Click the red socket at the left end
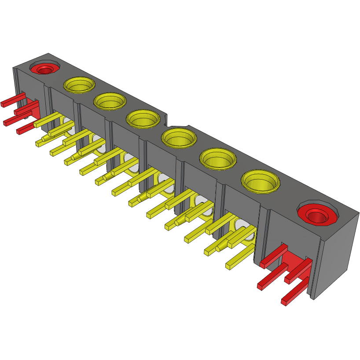coord(44,69)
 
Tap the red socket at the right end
coord(317,214)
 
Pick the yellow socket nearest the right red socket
coord(261,181)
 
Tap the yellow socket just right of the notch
coord(178,138)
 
